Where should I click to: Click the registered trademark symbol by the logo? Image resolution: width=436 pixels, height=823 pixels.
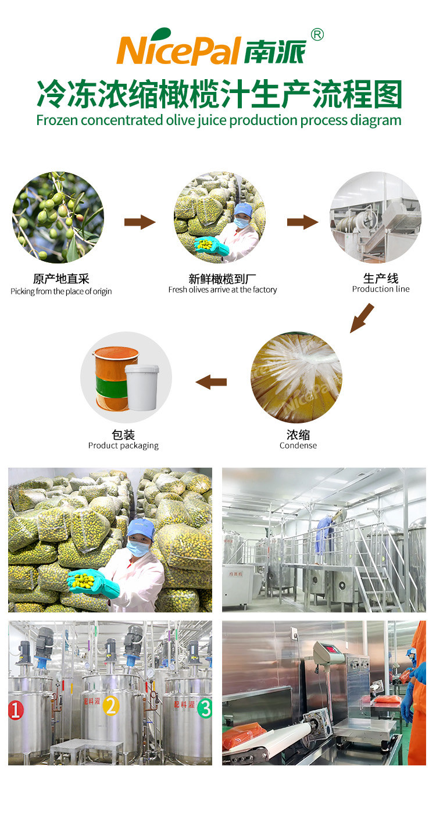pyautogui.click(x=317, y=35)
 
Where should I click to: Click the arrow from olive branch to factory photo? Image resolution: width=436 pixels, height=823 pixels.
pyautogui.click(x=140, y=222)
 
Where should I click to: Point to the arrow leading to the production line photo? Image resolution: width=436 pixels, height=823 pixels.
pyautogui.click(x=302, y=222)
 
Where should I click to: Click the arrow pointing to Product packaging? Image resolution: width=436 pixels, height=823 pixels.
pyautogui.click(x=211, y=382)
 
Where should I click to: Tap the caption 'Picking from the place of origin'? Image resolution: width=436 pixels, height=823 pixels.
pyautogui.click(x=61, y=291)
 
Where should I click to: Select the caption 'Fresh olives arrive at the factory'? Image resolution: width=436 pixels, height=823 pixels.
pyautogui.click(x=223, y=290)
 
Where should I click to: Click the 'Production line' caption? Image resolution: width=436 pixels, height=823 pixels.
pyautogui.click(x=381, y=289)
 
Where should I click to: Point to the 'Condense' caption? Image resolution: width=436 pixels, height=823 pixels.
pyautogui.click(x=298, y=446)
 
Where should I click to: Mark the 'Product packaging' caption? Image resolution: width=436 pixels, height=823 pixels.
pyautogui.click(x=123, y=446)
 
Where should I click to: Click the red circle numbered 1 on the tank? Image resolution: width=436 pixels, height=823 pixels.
pyautogui.click(x=16, y=710)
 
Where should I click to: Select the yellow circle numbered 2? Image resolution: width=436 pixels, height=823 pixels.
pyautogui.click(x=110, y=706)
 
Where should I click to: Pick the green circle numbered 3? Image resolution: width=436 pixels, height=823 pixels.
pyautogui.click(x=205, y=708)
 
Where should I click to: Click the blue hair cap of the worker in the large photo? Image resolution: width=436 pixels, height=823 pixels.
pyautogui.click(x=140, y=528)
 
